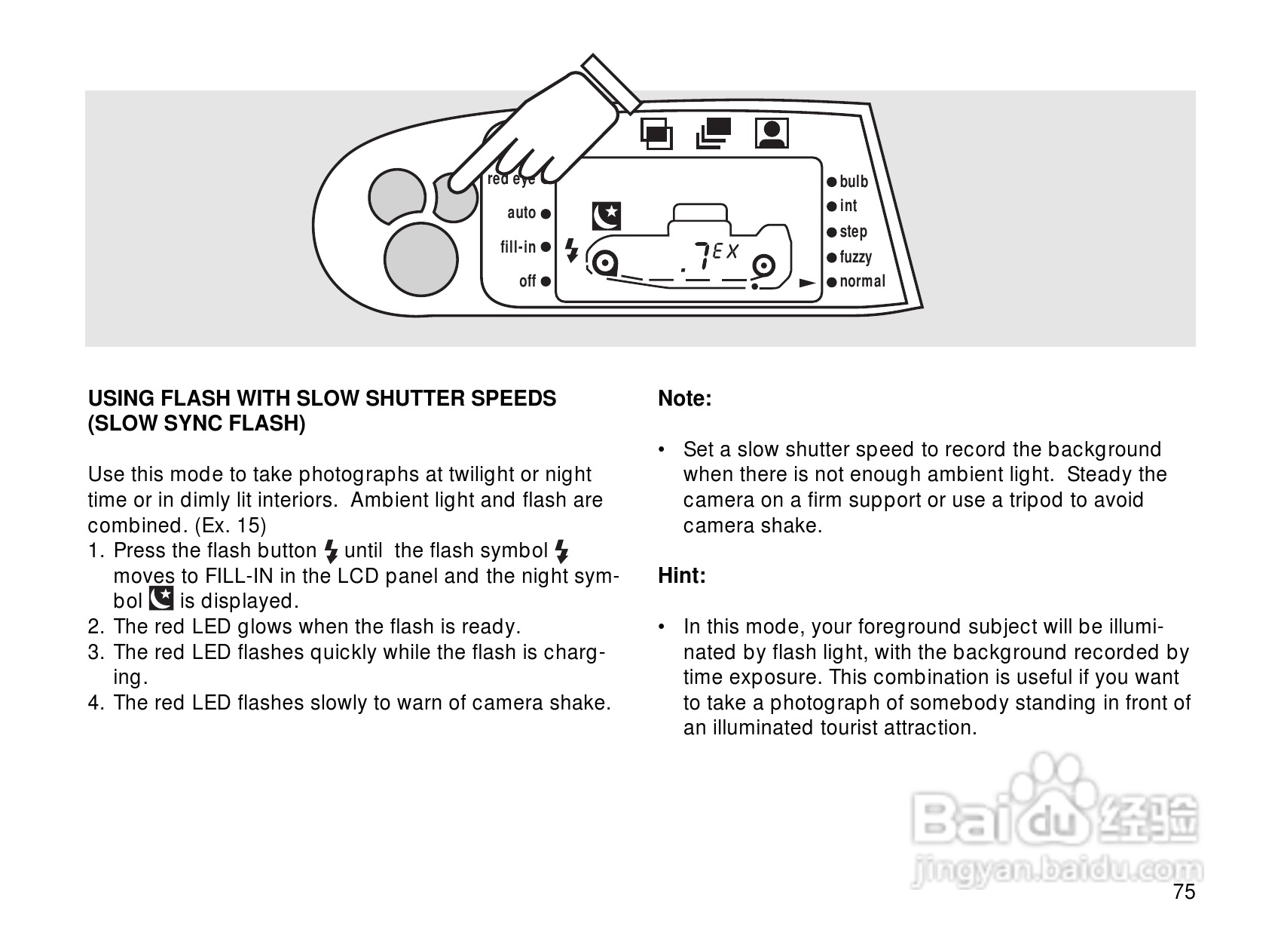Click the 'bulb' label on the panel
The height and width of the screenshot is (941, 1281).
854,182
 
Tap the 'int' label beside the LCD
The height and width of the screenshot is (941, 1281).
848,206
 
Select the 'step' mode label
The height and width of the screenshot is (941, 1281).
853,231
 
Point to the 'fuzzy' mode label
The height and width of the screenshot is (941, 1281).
855,257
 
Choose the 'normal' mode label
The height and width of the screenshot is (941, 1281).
862,281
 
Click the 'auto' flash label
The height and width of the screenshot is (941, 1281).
521,213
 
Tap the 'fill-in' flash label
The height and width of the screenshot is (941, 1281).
518,247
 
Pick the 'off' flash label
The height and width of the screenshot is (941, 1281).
527,281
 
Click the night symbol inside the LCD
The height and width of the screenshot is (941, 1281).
606,216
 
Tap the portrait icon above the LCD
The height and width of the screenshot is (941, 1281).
772,133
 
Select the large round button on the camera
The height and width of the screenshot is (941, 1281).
420,259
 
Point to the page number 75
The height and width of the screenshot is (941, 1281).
1184,892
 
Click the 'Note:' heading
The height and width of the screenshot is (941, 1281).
685,399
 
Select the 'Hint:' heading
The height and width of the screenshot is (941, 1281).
682,576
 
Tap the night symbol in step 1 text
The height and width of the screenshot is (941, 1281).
161,599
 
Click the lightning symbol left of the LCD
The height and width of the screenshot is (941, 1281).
572,250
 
